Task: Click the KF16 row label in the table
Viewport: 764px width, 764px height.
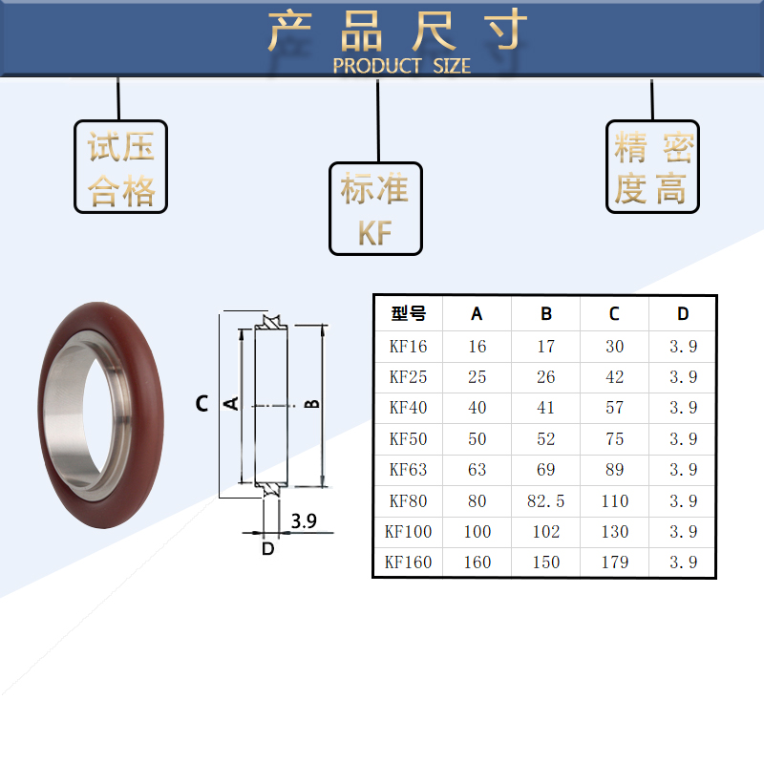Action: click(x=409, y=347)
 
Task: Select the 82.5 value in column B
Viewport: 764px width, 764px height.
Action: click(x=545, y=500)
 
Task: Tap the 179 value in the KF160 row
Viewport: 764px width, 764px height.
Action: click(x=614, y=562)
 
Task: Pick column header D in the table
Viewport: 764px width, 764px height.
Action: click(x=682, y=313)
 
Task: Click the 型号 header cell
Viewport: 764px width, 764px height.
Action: click(x=409, y=313)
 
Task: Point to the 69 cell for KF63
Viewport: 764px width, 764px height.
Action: click(x=545, y=470)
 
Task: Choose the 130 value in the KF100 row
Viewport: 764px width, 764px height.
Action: click(x=614, y=531)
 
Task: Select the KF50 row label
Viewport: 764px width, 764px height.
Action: click(x=409, y=439)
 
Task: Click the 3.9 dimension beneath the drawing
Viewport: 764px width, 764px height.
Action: click(x=304, y=521)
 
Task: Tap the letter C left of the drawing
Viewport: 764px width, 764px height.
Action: click(x=202, y=404)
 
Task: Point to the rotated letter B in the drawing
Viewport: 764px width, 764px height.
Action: click(x=311, y=404)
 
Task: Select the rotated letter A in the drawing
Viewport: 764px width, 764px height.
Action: click(x=230, y=404)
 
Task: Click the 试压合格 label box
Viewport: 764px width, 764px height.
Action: click(x=121, y=167)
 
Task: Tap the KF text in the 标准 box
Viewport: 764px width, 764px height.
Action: click(x=375, y=234)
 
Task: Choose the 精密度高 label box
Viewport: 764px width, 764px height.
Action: click(x=652, y=167)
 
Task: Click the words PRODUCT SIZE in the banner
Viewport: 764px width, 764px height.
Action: click(x=401, y=66)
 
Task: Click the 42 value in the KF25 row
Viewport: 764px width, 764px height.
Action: click(x=614, y=377)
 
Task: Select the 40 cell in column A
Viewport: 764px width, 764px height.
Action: click(x=477, y=408)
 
